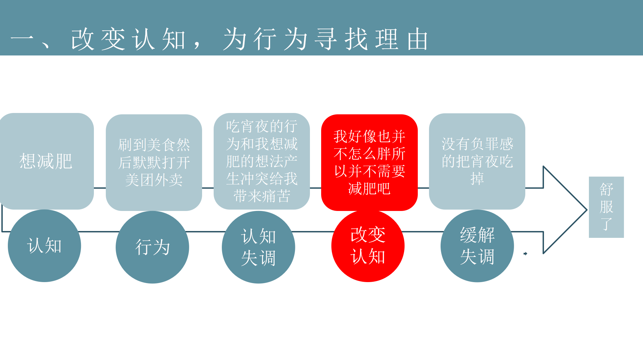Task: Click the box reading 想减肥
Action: coord(46,161)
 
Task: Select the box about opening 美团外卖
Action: coord(154,163)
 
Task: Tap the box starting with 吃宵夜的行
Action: coord(262,161)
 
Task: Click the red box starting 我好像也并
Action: coord(369,163)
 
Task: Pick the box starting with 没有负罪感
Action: coord(477,161)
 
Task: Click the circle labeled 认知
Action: coord(44,246)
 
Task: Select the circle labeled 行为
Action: coord(152,247)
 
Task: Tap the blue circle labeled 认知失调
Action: coord(258,247)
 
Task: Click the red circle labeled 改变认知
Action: coord(368,246)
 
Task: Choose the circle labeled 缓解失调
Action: coord(477,246)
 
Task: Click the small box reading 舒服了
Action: coord(606,207)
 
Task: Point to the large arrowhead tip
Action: coord(587,210)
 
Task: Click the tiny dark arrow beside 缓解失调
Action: coord(525,253)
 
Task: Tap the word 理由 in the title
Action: coord(401,39)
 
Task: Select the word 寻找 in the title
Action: coord(341,39)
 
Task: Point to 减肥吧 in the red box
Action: coord(369,189)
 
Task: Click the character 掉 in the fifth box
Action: coord(477,179)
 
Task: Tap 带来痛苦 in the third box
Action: coord(262,196)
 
